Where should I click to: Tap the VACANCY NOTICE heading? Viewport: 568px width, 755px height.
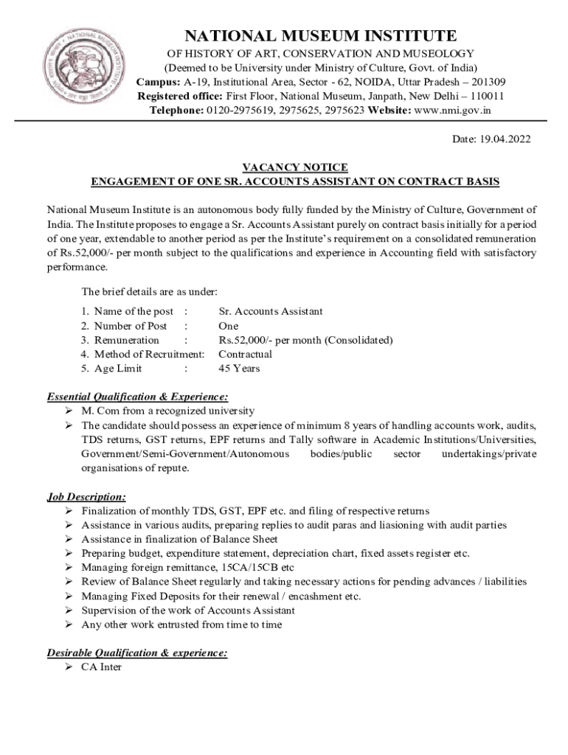[x=295, y=167]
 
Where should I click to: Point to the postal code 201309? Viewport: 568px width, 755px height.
[x=488, y=82]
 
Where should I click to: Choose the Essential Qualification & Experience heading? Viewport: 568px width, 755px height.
[x=137, y=395]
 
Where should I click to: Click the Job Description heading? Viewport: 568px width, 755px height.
[x=86, y=496]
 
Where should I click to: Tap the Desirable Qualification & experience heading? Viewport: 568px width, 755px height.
[x=137, y=653]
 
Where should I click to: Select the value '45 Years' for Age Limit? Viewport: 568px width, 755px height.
[x=239, y=369]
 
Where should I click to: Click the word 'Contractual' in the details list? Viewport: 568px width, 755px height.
[x=246, y=355]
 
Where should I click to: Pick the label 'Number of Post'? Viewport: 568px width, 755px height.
[x=130, y=326]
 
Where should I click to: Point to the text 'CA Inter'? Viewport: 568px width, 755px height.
[x=102, y=667]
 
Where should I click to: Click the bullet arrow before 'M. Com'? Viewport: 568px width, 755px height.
[x=68, y=411]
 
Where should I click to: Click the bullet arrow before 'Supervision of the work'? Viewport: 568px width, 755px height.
[x=68, y=610]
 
